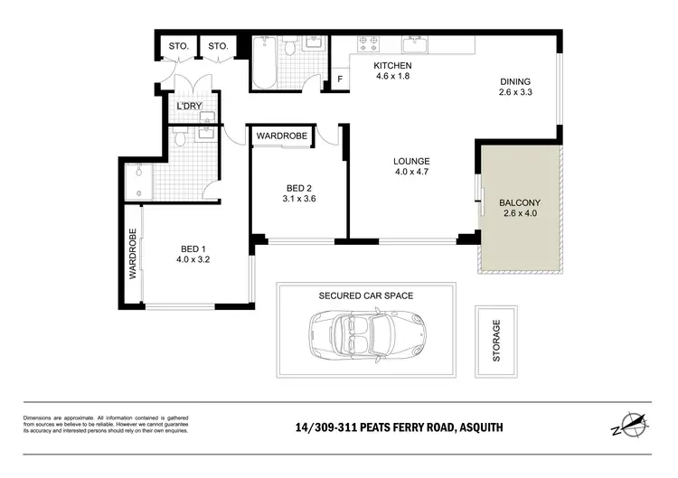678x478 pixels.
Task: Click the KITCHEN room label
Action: click(x=393, y=66)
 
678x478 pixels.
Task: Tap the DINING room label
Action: click(x=516, y=81)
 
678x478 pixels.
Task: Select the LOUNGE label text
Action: click(x=411, y=162)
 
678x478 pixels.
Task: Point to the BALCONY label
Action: click(x=519, y=202)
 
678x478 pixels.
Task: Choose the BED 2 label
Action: click(x=299, y=188)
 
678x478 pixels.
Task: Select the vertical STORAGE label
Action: click(x=495, y=341)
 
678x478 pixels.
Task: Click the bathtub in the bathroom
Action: click(x=267, y=63)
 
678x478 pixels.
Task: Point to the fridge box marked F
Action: click(x=339, y=79)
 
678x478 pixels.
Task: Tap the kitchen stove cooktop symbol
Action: click(x=368, y=42)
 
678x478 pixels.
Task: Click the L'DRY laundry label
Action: click(x=189, y=107)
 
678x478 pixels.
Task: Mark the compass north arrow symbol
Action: click(x=633, y=424)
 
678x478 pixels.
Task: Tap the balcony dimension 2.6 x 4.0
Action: click(x=519, y=215)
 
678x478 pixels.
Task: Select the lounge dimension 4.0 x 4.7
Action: click(x=411, y=174)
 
